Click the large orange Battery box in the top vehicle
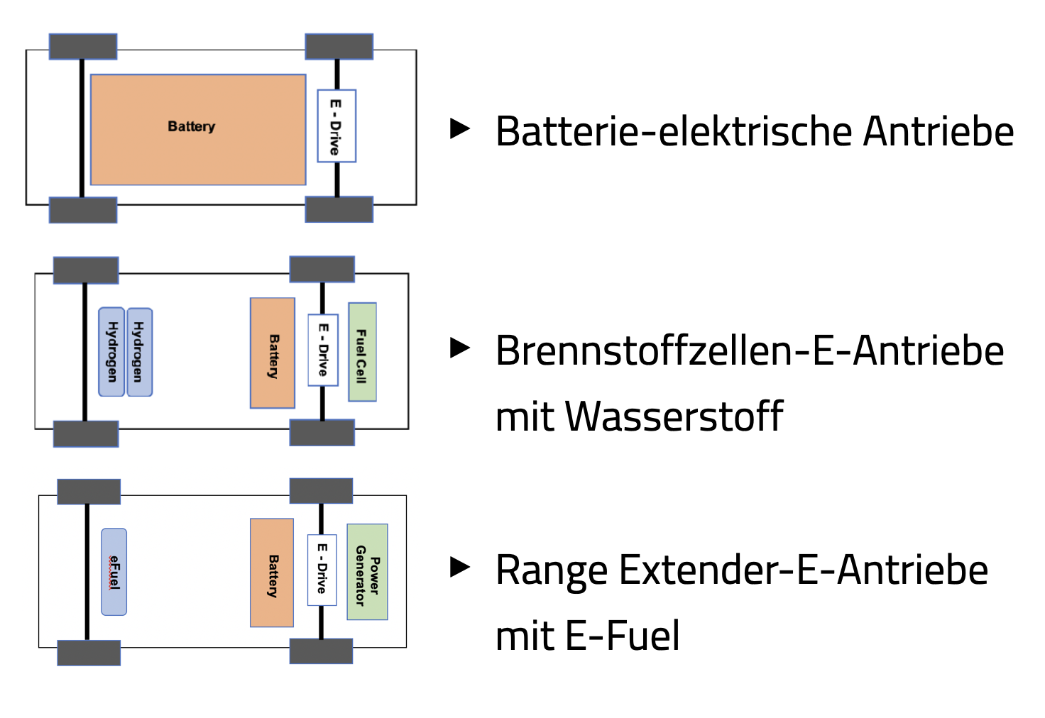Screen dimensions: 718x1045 198,129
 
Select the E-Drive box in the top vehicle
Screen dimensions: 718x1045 337,126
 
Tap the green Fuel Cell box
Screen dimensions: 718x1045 362,352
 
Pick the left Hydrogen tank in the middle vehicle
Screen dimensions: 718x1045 111,351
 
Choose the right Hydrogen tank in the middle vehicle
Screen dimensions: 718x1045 139,351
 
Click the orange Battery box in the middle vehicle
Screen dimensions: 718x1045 273,353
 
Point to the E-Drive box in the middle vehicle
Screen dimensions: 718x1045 323,350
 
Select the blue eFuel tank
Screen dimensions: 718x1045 114,571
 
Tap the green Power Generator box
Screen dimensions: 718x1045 367,572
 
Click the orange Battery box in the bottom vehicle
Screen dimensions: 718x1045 272,573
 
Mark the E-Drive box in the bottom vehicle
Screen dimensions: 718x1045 322,570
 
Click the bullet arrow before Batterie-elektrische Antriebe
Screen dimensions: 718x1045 461,128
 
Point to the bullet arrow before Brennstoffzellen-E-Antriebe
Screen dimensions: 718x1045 461,348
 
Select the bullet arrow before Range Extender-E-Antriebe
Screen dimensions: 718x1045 461,567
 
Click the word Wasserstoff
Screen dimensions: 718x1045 674,416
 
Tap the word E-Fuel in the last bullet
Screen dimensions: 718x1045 623,636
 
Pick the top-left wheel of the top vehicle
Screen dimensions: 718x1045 83,47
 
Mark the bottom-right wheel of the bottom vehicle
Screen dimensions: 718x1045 321,651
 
